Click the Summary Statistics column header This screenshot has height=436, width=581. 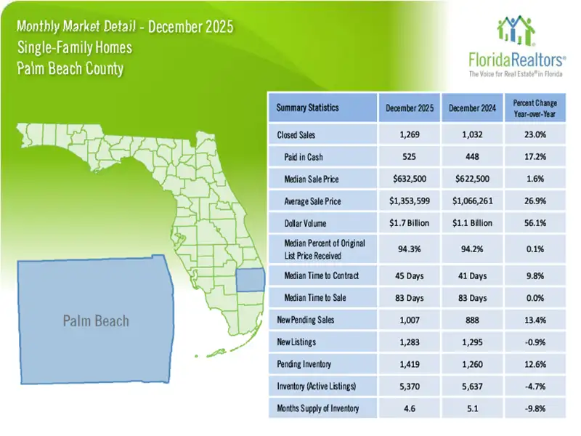tap(307, 108)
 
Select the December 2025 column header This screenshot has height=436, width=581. tap(409, 108)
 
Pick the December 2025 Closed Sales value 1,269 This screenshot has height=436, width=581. tap(409, 134)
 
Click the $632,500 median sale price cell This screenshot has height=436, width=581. tap(409, 179)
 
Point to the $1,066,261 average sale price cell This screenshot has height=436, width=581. tap(472, 201)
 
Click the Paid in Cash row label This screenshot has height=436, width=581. tap(304, 157)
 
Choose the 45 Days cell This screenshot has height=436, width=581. tap(409, 275)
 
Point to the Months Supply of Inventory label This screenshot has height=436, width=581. tap(317, 408)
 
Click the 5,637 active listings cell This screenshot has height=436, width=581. tap(472, 386)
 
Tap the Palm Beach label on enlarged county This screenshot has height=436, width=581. tap(97, 321)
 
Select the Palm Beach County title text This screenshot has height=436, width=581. tap(69, 70)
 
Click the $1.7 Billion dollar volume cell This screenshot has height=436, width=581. tap(409, 224)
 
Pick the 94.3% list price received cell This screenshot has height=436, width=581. tap(409, 249)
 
